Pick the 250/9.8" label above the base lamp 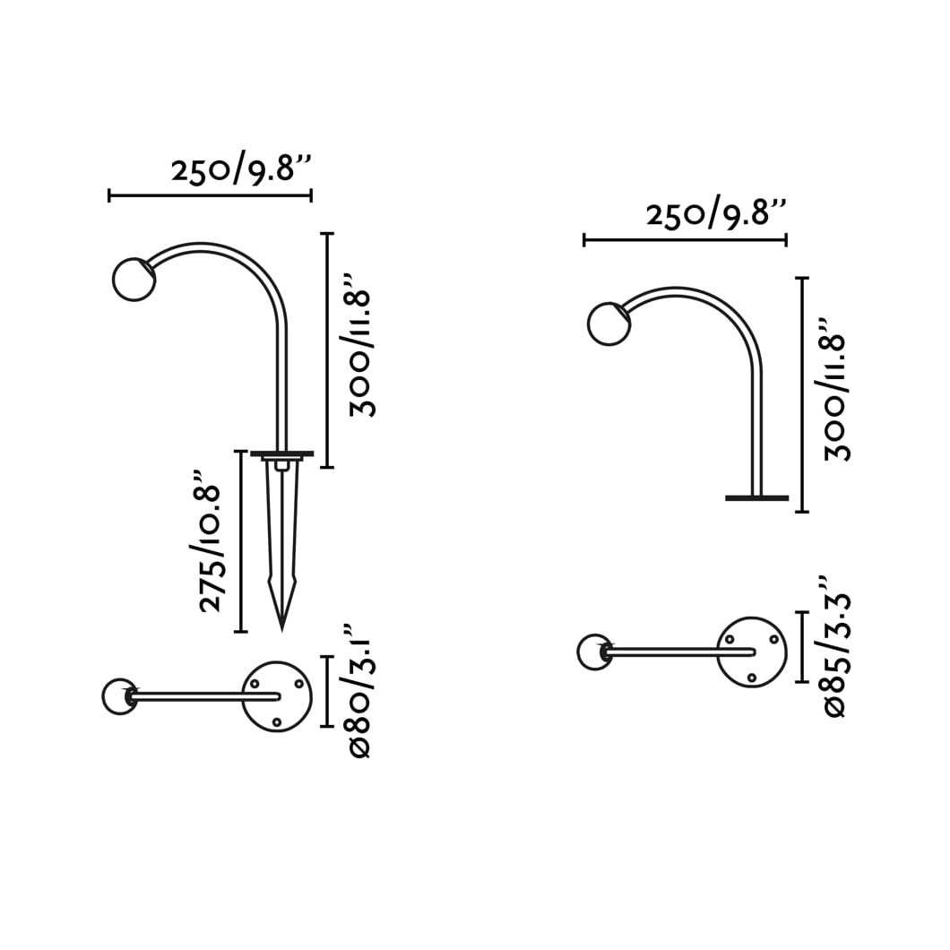point(716,214)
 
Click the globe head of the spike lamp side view point(134,280)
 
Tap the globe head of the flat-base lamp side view point(609,324)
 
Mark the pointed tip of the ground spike point(281,629)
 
